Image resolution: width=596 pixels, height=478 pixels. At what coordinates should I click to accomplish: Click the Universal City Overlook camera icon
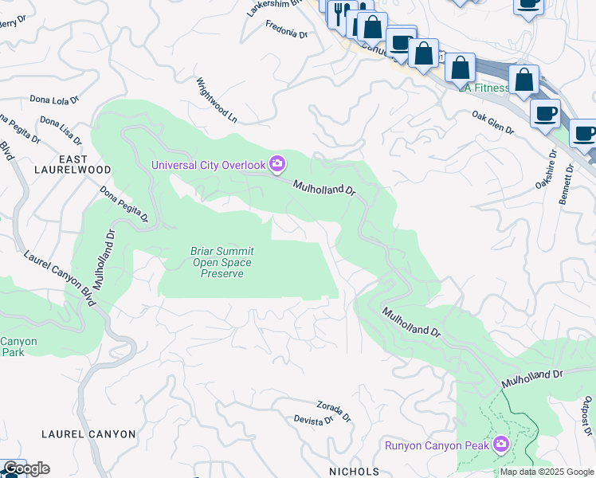[x=277, y=164]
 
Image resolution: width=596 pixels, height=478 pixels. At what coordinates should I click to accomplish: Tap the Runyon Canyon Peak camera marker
[x=501, y=444]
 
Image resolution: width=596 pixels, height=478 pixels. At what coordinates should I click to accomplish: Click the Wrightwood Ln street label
[x=218, y=100]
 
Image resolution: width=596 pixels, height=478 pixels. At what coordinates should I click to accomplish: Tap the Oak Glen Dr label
[x=492, y=122]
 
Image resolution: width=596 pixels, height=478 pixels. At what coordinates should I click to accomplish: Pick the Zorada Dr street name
[x=334, y=409]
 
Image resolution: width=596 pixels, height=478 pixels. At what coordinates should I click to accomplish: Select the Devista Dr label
[x=312, y=420]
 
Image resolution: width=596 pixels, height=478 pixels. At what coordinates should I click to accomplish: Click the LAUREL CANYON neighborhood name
[x=77, y=434]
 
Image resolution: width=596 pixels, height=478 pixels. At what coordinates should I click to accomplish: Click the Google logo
[x=25, y=468]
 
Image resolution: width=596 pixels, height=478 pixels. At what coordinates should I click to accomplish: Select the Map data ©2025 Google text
[x=547, y=472]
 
